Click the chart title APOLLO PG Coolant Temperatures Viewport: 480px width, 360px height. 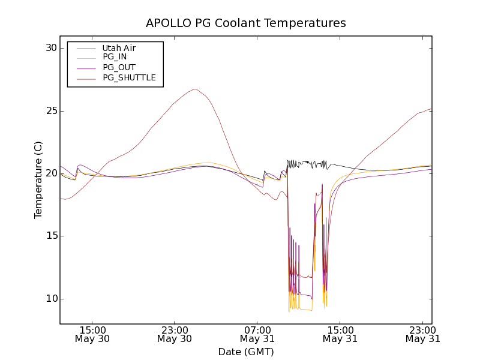(x=246, y=23)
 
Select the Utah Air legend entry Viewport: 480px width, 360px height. (x=119, y=48)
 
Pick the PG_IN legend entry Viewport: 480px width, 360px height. (x=115, y=57)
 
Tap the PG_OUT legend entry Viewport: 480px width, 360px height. (x=119, y=67)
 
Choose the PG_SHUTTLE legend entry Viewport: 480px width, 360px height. (x=129, y=77)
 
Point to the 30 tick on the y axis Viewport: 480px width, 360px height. (x=51, y=48)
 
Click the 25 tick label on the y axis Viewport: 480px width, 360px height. (x=51, y=111)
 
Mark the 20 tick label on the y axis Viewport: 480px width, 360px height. (x=51, y=173)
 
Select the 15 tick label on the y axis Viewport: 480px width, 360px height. (x=51, y=236)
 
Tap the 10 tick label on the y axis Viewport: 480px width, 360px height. (x=51, y=299)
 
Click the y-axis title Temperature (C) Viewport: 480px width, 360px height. (x=38, y=179)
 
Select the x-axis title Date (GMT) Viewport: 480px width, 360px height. (x=246, y=352)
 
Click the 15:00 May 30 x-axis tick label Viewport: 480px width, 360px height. (x=92, y=334)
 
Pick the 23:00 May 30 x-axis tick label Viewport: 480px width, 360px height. (x=175, y=334)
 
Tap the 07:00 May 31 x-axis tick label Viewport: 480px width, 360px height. (x=257, y=334)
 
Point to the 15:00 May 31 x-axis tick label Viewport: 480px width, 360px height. (x=340, y=334)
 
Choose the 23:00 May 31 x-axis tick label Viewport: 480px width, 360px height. (x=422, y=334)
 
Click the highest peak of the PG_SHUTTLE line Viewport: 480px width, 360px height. (x=195, y=89)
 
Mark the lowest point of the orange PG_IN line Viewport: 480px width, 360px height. (x=289, y=311)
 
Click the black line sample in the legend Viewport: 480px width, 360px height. (x=86, y=48)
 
